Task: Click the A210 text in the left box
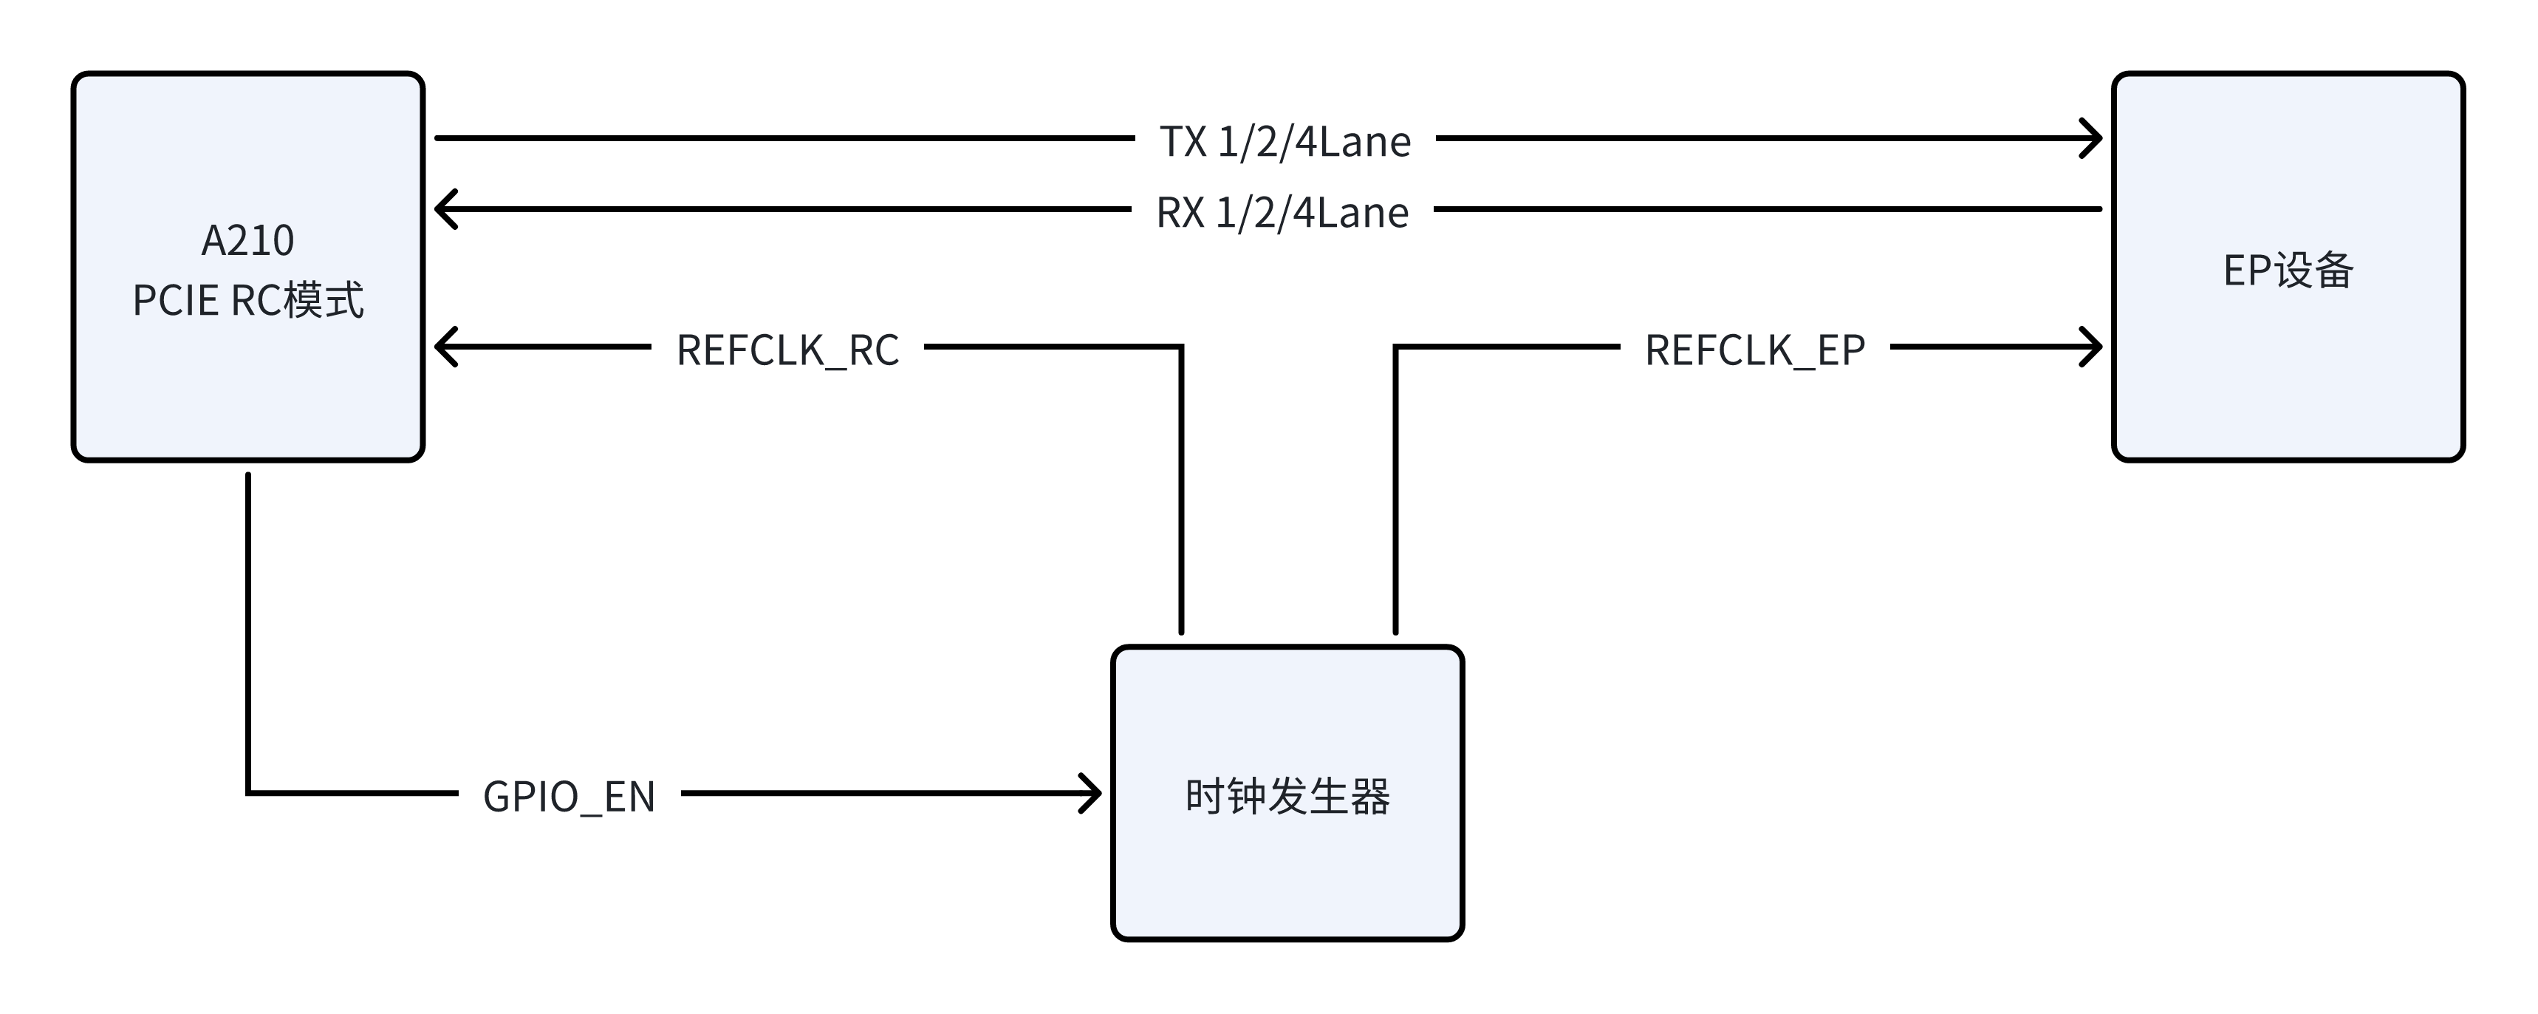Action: [x=247, y=240]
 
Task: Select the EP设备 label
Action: [x=2288, y=270]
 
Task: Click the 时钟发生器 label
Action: [x=1287, y=796]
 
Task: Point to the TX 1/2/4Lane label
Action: [x=1285, y=141]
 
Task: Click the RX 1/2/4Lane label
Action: [x=1282, y=212]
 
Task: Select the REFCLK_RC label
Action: [x=787, y=350]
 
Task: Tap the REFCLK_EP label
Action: [x=1755, y=350]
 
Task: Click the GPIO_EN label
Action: [x=569, y=796]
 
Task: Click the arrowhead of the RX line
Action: [x=443, y=209]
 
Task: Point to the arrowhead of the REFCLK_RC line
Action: [x=443, y=347]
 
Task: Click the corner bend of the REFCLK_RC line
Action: [x=1180, y=347]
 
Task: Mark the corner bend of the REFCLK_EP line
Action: [x=1395, y=347]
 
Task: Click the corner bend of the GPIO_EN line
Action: [x=247, y=792]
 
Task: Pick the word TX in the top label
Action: [x=1183, y=141]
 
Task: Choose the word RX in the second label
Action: [x=1180, y=212]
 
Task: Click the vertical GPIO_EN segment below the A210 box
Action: [x=247, y=630]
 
